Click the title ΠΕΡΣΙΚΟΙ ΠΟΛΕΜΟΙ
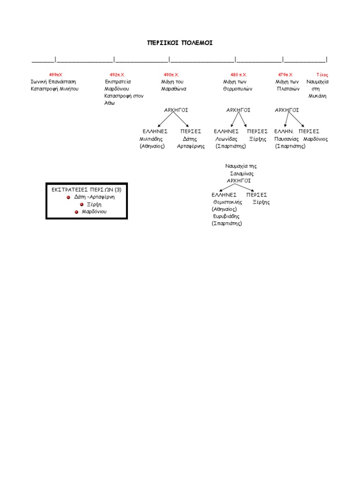click(x=180, y=43)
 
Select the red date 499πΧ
click(x=55, y=75)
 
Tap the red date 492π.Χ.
click(x=118, y=75)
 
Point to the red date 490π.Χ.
click(x=172, y=75)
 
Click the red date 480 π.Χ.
click(x=239, y=75)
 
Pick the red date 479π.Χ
click(x=285, y=75)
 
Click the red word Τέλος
click(x=322, y=75)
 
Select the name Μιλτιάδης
click(x=151, y=139)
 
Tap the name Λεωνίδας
click(x=226, y=139)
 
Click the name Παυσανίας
click(x=286, y=139)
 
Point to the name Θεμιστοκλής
click(x=228, y=202)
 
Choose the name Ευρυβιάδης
click(x=226, y=217)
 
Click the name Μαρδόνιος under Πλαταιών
click(x=315, y=139)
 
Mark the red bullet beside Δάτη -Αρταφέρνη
click(x=68, y=197)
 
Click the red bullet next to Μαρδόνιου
click(x=76, y=212)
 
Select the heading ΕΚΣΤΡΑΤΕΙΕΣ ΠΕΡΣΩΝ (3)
click(x=87, y=190)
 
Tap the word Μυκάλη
click(x=317, y=96)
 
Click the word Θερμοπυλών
click(x=238, y=89)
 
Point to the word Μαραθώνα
click(x=173, y=89)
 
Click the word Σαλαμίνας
click(x=242, y=174)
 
